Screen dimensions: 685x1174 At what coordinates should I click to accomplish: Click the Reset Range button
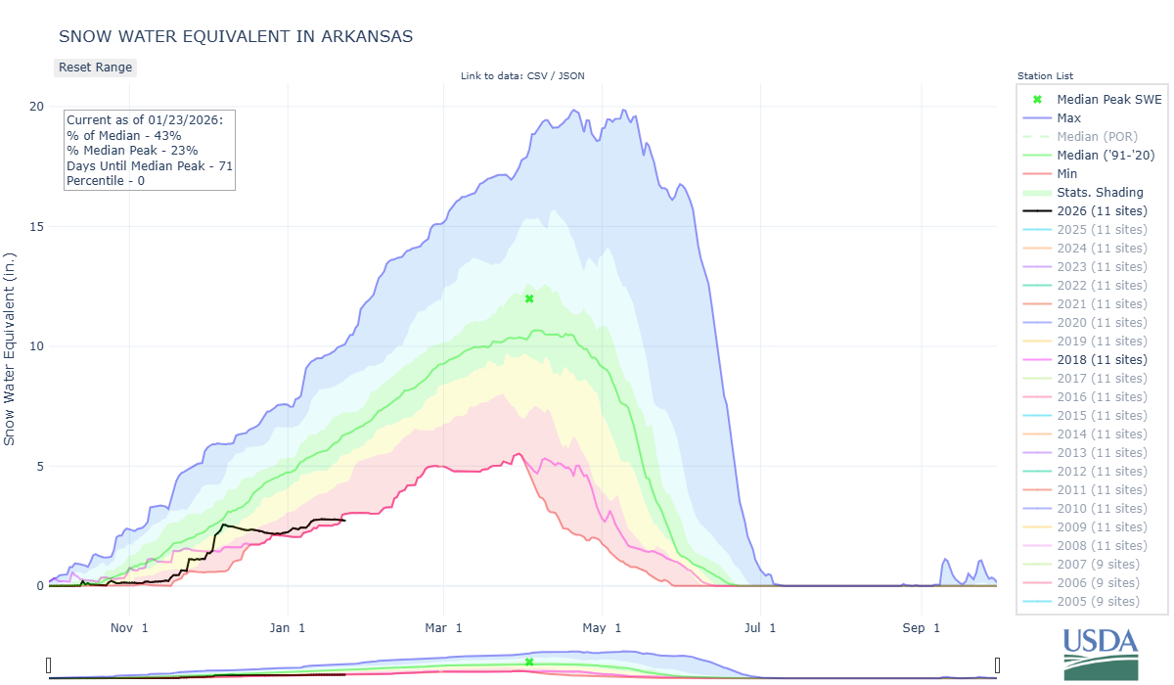pyautogui.click(x=95, y=68)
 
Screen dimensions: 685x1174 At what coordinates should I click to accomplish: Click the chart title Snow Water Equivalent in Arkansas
pyautogui.click(x=236, y=36)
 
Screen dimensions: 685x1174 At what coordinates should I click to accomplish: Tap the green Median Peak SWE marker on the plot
pyautogui.click(x=529, y=298)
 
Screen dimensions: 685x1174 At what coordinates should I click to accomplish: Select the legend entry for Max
pyautogui.click(x=1068, y=118)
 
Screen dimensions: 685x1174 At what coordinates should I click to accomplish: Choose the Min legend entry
pyautogui.click(x=1068, y=174)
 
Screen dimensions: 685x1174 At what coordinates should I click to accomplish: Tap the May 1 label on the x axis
pyautogui.click(x=603, y=627)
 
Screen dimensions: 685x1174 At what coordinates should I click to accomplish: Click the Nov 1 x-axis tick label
pyautogui.click(x=129, y=627)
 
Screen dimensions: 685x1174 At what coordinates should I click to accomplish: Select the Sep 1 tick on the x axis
pyautogui.click(x=920, y=627)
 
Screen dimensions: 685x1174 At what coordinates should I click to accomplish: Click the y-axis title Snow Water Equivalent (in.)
pyautogui.click(x=11, y=345)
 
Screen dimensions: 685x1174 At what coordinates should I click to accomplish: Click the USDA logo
pyautogui.click(x=1101, y=652)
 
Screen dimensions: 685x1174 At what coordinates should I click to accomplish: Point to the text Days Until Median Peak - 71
pyautogui.click(x=149, y=166)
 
